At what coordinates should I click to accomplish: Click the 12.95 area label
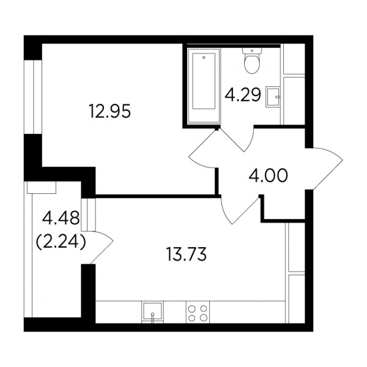pos(109,111)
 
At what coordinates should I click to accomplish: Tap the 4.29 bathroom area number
pos(243,95)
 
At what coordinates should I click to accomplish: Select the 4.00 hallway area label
pos(268,176)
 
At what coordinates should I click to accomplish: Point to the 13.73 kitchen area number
pos(187,254)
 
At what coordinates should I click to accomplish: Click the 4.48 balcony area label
pos(61,218)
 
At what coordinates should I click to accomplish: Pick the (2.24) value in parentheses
pos(61,242)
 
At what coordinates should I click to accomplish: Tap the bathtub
pos(204,85)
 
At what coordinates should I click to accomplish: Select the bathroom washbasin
pos(273,97)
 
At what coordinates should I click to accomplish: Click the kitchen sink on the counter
pos(152,312)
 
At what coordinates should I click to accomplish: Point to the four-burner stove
pos(198,312)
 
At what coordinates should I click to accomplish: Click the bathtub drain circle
pos(204,57)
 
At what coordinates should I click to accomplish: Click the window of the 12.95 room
pos(33,97)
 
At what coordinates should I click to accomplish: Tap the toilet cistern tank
pos(251,51)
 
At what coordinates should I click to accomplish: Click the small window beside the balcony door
pos(89,215)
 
